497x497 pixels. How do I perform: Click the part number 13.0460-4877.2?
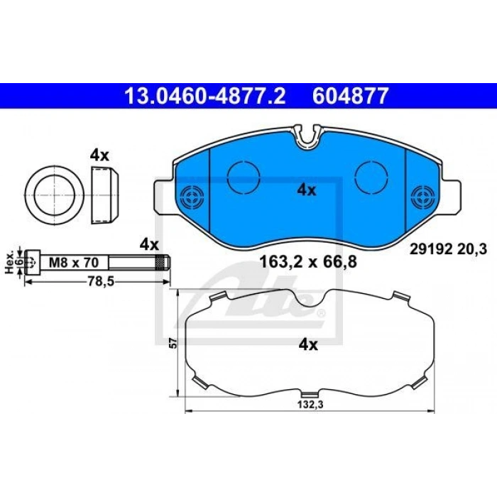click(205, 96)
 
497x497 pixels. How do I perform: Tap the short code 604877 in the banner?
click(350, 96)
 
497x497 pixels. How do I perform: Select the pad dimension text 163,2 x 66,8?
click(308, 262)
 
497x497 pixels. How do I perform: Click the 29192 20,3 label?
click(448, 250)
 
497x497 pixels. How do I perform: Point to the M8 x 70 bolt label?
click(74, 263)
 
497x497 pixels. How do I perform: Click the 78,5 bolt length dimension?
click(101, 281)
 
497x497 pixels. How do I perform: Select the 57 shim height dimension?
click(173, 343)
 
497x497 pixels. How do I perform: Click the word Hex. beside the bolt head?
click(10, 262)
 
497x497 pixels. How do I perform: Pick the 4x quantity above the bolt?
click(149, 245)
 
